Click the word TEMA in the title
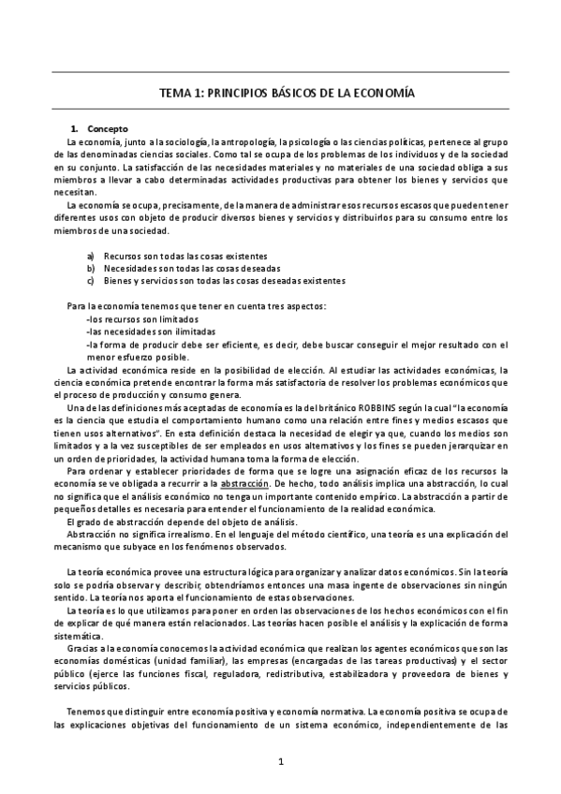tap(177, 95)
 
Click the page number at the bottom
tap(280, 762)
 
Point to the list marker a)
tap(90, 255)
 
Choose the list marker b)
tap(90, 267)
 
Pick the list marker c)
tap(90, 279)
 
